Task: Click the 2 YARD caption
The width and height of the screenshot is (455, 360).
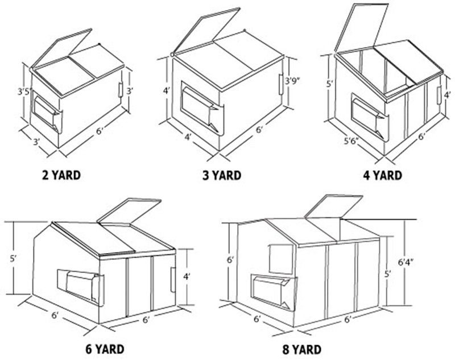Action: pyautogui.click(x=61, y=175)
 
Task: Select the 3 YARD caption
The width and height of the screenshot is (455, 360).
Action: pyautogui.click(x=222, y=175)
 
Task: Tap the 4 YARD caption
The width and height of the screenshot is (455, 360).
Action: pyautogui.click(x=382, y=175)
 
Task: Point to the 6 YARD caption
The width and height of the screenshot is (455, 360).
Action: pyautogui.click(x=105, y=349)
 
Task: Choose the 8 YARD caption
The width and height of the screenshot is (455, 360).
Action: pyautogui.click(x=301, y=350)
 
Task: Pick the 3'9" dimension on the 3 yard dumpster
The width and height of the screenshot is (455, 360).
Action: pyautogui.click(x=292, y=81)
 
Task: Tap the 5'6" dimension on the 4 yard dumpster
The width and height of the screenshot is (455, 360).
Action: pyautogui.click(x=351, y=141)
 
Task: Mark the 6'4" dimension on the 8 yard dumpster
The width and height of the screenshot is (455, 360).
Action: pyautogui.click(x=406, y=263)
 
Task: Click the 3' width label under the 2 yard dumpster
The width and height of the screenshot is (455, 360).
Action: pyautogui.click(x=36, y=142)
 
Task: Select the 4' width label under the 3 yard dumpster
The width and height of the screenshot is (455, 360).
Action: pyautogui.click(x=188, y=137)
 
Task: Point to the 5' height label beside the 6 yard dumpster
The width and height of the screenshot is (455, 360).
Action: pyautogui.click(x=14, y=259)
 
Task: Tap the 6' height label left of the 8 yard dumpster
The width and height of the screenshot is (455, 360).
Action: pyautogui.click(x=231, y=260)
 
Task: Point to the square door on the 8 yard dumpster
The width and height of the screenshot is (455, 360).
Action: pyautogui.click(x=281, y=259)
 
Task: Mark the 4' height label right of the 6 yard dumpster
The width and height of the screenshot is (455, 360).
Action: pyautogui.click(x=187, y=278)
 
